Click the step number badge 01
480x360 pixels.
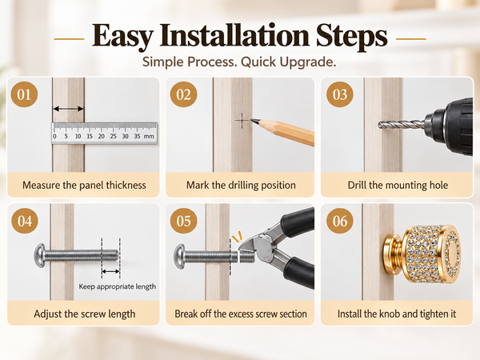point(24,94)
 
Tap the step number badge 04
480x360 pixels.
point(25,221)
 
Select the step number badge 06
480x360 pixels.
point(340,221)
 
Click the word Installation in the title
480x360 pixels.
point(234,36)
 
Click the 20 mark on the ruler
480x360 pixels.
point(102,136)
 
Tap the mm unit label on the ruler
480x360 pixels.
point(149,136)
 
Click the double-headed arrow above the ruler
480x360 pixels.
point(68,109)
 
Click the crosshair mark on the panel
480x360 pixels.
point(242,121)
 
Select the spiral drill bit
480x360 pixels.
point(401,125)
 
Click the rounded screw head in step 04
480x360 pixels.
point(40,255)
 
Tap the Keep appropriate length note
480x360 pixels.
point(118,287)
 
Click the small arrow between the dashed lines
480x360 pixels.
point(110,271)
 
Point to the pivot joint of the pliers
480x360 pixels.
point(263,246)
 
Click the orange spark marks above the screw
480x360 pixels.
point(237,237)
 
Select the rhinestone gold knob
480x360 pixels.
point(422,254)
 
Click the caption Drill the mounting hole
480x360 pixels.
point(398,186)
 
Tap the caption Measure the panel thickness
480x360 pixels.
point(84,186)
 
